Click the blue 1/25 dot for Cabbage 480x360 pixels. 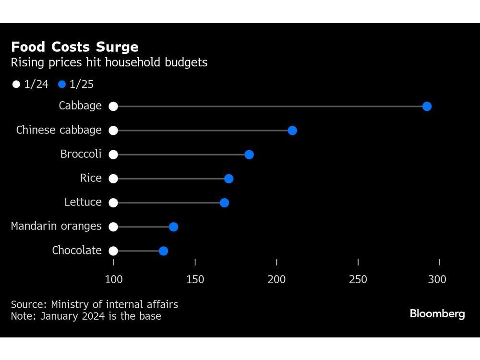[427, 106]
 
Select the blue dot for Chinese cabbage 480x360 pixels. [292, 131]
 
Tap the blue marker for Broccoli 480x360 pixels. [249, 155]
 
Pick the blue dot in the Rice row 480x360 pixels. [228, 179]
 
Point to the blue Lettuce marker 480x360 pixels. [224, 203]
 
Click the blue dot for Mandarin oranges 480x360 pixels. [173, 227]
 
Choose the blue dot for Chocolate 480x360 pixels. [163, 251]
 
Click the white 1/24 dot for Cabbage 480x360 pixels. [113, 106]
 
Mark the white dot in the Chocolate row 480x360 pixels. [113, 251]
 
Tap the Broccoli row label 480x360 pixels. [81, 154]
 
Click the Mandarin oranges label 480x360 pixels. [56, 226]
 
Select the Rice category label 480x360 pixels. [91, 178]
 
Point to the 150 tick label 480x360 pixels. [195, 279]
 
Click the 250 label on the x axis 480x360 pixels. [358, 279]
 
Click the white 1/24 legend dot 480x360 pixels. [16, 84]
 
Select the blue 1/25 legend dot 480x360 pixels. [61, 84]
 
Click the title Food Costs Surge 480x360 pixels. [74, 47]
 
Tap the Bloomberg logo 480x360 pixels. [437, 314]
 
